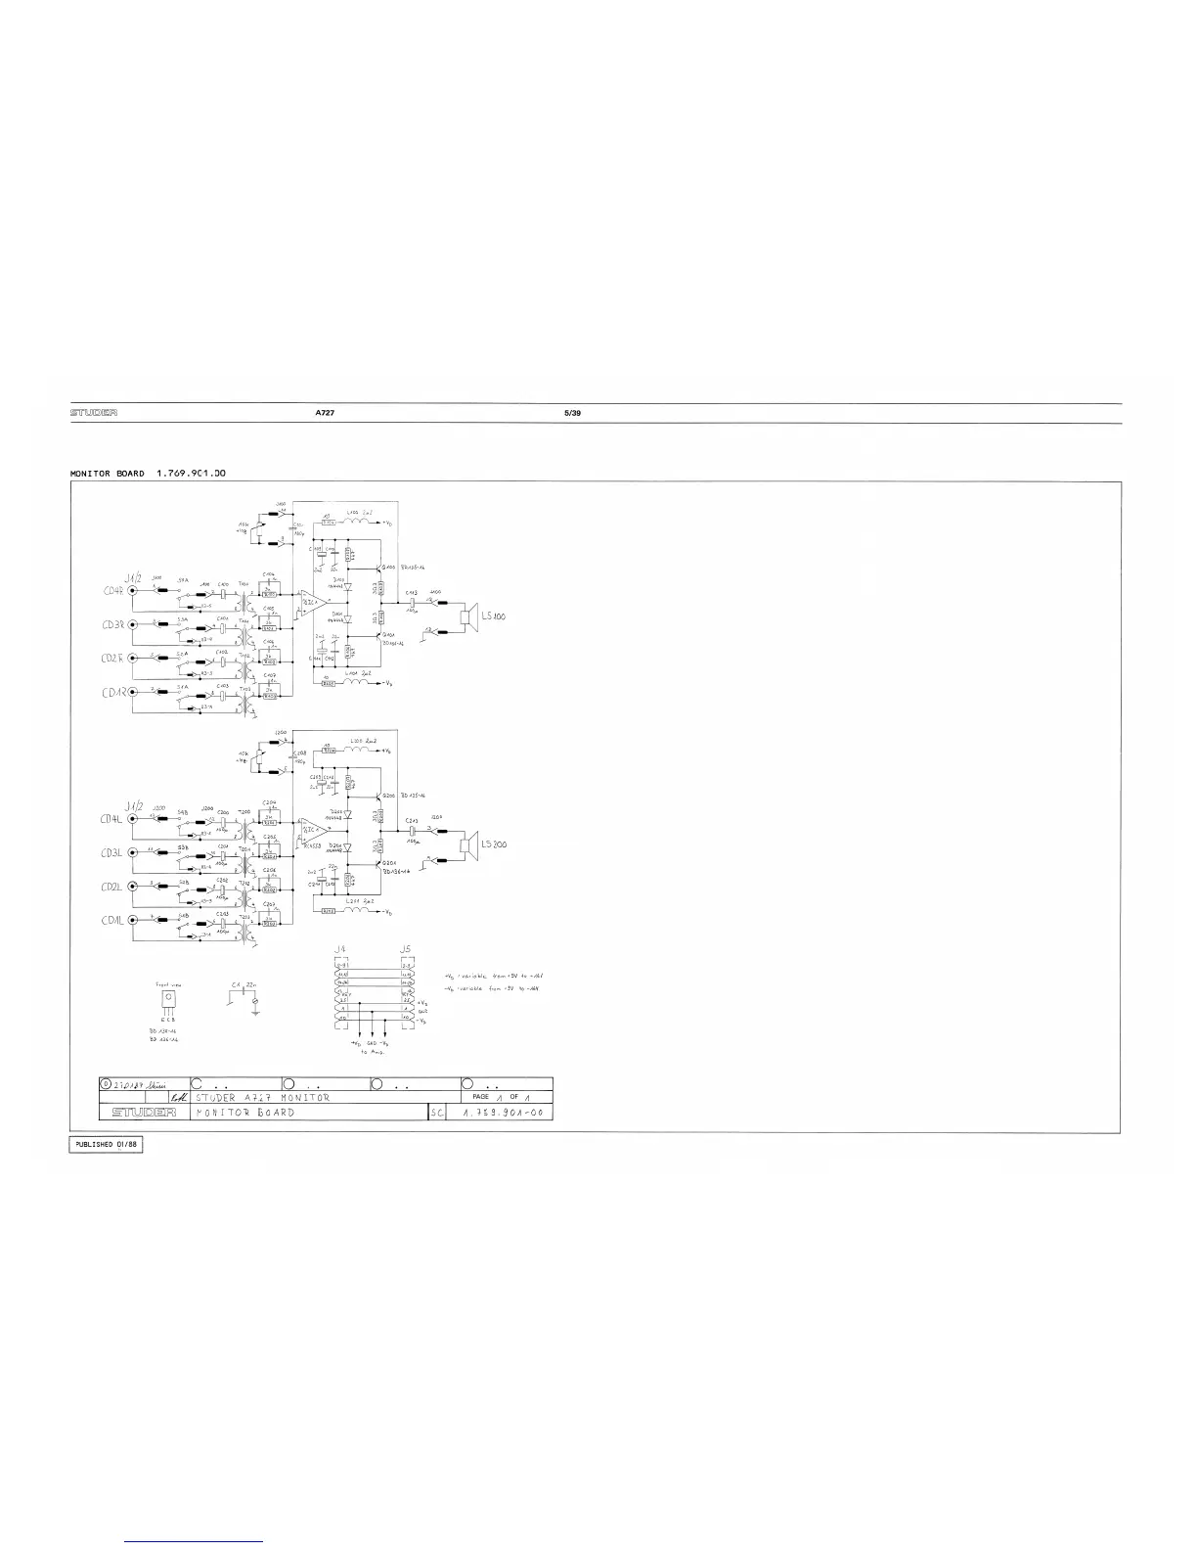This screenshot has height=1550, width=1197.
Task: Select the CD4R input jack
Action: (132, 591)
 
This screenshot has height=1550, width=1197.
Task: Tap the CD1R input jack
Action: (132, 693)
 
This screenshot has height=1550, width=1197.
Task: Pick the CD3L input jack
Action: (132, 853)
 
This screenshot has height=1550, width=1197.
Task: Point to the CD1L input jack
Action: (132, 921)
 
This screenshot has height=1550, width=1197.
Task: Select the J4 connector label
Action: (339, 949)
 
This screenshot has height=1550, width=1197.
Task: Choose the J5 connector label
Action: (406, 949)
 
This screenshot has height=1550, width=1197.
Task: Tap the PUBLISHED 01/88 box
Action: (107, 1146)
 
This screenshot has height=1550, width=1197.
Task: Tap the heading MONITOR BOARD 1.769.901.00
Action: (149, 474)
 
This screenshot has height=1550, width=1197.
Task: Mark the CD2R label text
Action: (110, 659)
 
